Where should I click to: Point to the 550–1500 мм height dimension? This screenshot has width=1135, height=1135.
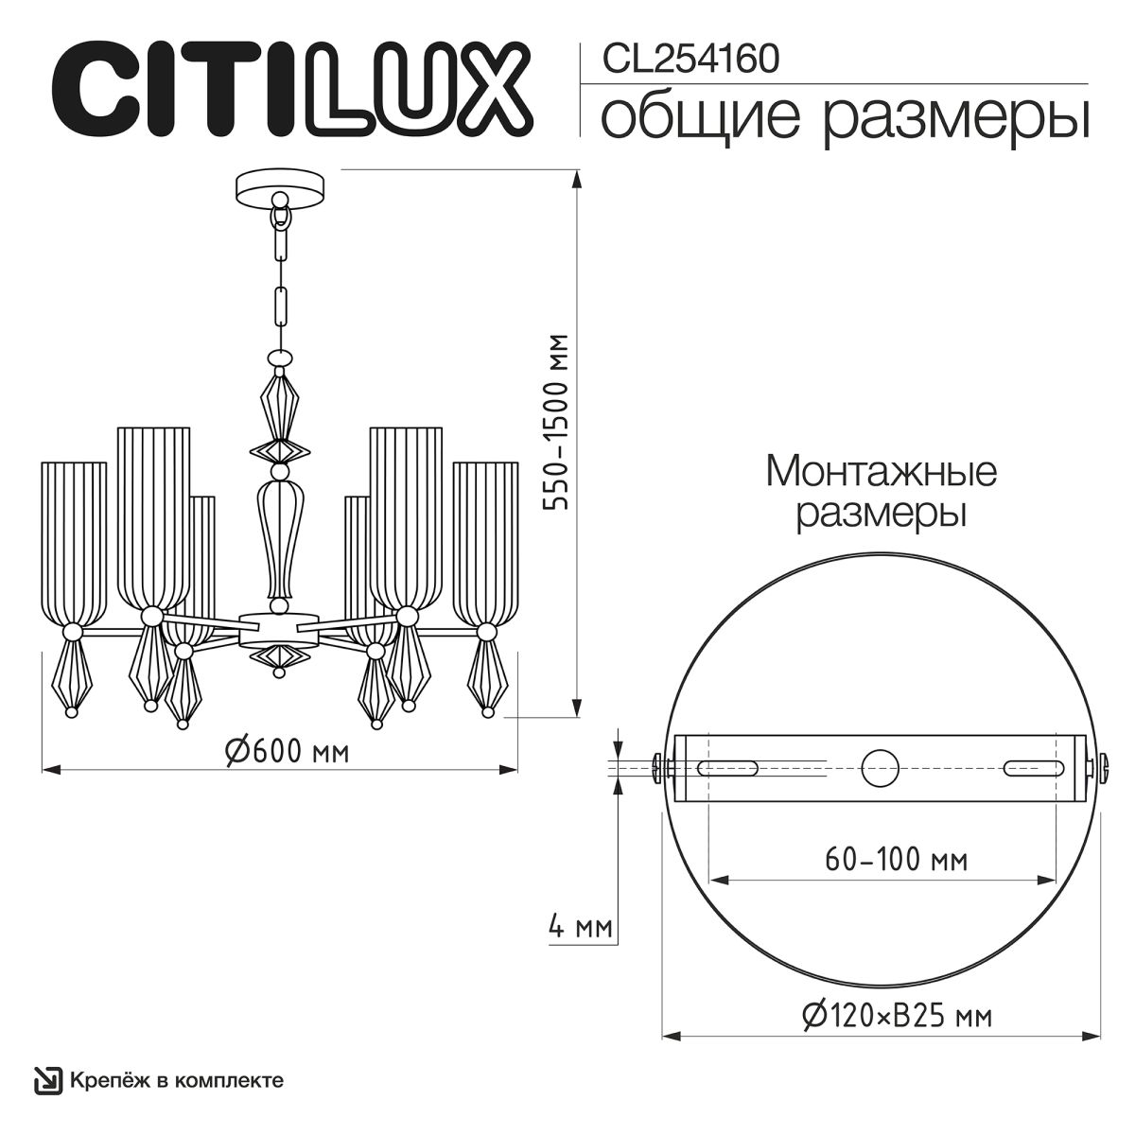[x=559, y=422]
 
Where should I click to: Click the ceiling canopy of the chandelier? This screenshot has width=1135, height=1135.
[x=279, y=185]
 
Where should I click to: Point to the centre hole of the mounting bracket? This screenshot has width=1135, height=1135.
[x=881, y=767]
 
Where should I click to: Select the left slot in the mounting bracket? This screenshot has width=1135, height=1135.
[x=726, y=767]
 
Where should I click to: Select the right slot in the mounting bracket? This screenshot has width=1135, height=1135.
[x=1034, y=767]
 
